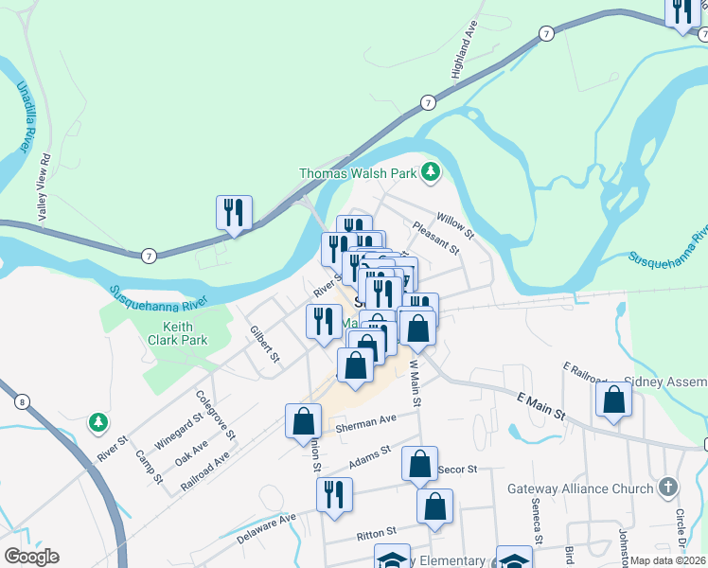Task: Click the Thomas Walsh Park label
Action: [358, 173]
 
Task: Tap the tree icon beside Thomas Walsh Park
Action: [432, 171]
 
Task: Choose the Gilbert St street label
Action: [264, 345]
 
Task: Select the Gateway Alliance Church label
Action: [593, 488]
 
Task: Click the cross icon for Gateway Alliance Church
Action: [668, 488]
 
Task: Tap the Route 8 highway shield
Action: [21, 401]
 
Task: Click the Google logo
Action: [31, 557]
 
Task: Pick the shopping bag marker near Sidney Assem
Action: [613, 401]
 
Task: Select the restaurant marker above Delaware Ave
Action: [334, 495]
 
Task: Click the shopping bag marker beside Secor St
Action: [419, 465]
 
